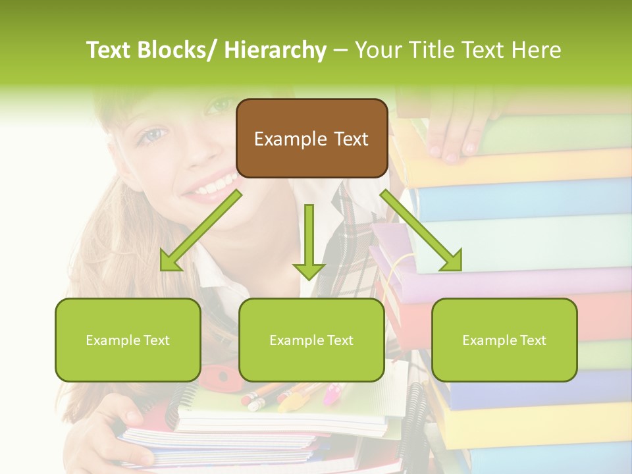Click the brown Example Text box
[x=311, y=138]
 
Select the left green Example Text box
[x=128, y=340]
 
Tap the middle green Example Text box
[x=311, y=340]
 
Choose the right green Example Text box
[x=504, y=340]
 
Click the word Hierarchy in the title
[x=275, y=50]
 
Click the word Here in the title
[x=536, y=50]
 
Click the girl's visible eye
[x=151, y=136]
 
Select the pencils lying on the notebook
[x=290, y=393]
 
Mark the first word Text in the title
[x=109, y=50]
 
